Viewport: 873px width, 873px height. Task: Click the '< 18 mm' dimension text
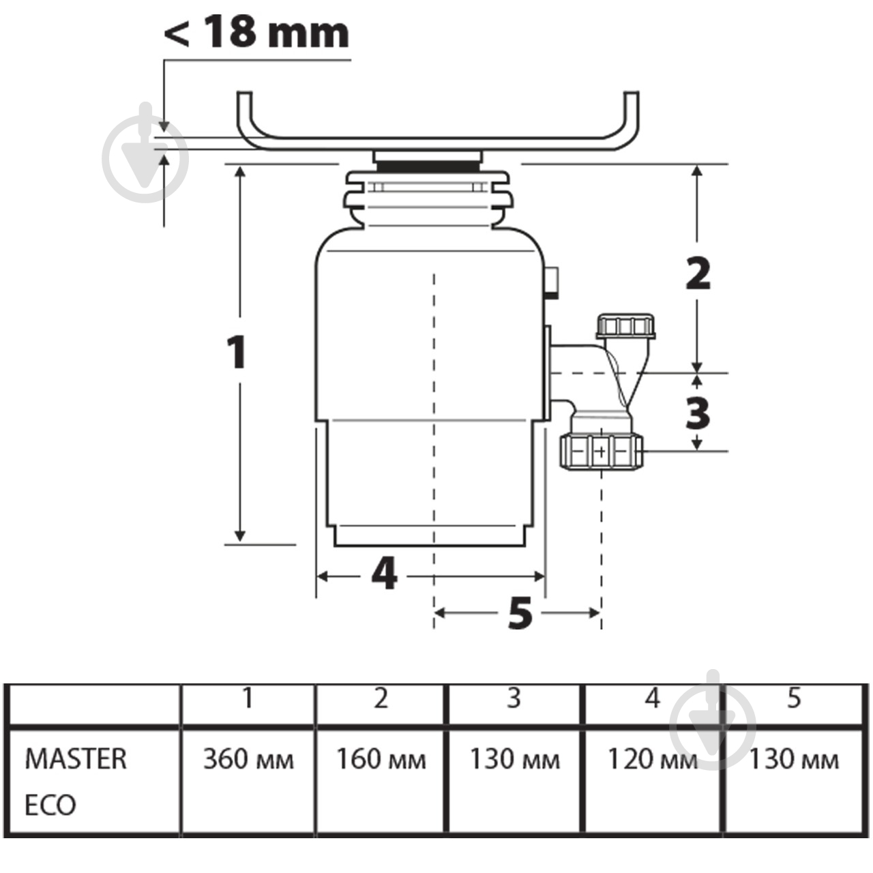(x=256, y=31)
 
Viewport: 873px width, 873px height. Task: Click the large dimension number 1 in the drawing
(x=236, y=353)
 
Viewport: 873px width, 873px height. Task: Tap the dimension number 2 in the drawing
(x=698, y=274)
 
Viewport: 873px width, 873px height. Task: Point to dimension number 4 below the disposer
(x=385, y=574)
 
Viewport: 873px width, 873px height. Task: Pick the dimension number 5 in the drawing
(x=520, y=613)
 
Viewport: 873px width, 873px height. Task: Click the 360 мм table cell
(x=248, y=759)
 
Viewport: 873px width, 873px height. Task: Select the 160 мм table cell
(x=381, y=759)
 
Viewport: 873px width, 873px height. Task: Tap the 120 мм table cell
(x=652, y=759)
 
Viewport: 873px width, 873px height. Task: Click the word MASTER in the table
(x=76, y=759)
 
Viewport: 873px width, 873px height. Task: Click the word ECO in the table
(x=50, y=805)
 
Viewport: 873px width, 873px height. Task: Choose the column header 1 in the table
(x=248, y=698)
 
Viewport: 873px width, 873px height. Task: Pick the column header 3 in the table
(x=514, y=698)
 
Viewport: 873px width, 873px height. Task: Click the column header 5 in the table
(x=793, y=698)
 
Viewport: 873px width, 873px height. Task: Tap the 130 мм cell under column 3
(x=514, y=759)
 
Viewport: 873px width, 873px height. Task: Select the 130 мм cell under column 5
(x=793, y=759)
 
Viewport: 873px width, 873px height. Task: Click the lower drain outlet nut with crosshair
(x=601, y=452)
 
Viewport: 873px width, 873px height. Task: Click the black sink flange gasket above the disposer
(x=428, y=166)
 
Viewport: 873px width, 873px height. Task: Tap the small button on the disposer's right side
(x=552, y=282)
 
